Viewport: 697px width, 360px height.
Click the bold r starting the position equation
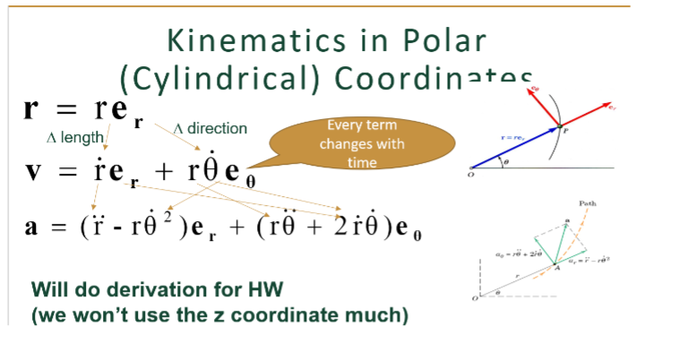(33, 111)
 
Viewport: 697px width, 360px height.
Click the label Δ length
(73, 138)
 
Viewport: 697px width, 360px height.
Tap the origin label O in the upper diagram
(469, 176)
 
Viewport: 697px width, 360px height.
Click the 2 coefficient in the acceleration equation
(339, 223)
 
